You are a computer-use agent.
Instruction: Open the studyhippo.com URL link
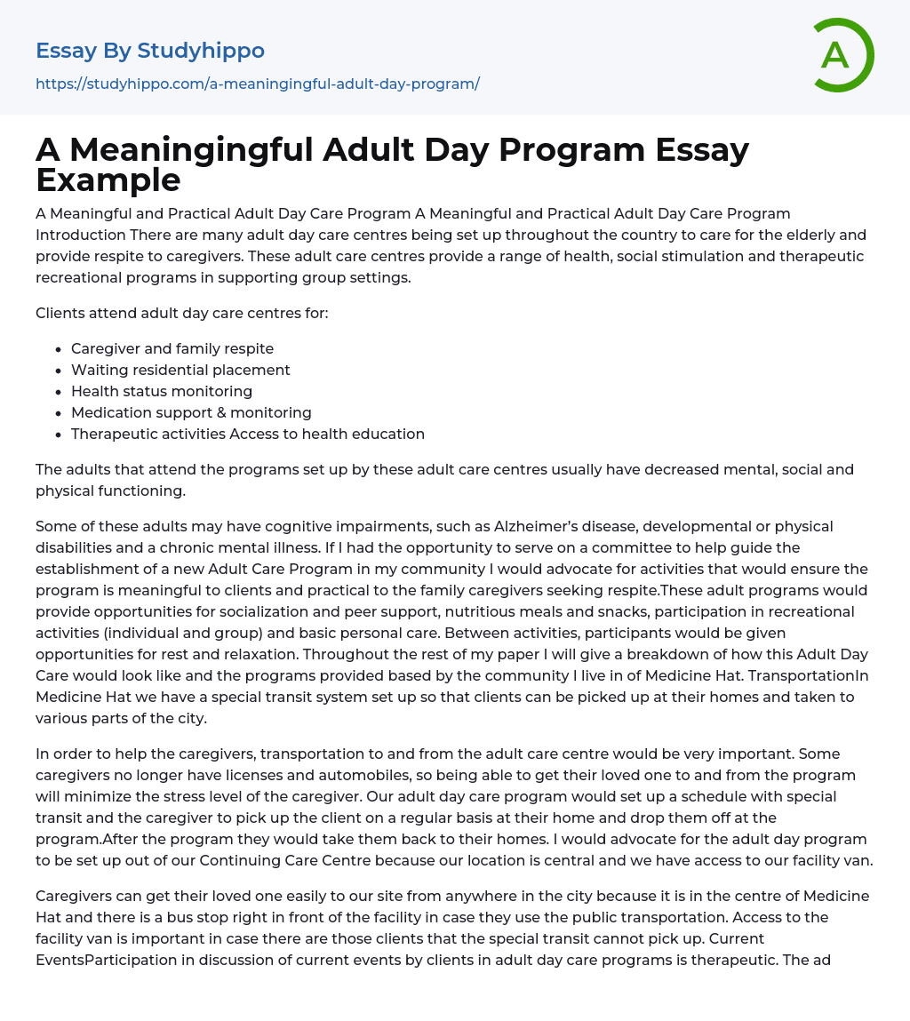click(257, 84)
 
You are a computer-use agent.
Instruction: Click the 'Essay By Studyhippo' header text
click(150, 51)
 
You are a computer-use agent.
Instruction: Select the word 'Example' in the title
click(108, 179)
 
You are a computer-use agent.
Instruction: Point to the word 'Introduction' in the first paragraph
click(81, 235)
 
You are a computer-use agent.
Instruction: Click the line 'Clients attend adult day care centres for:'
click(181, 313)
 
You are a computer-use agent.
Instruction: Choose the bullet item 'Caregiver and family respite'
click(172, 348)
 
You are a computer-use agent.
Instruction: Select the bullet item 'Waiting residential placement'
click(180, 370)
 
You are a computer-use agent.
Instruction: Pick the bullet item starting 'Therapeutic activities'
click(247, 434)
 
